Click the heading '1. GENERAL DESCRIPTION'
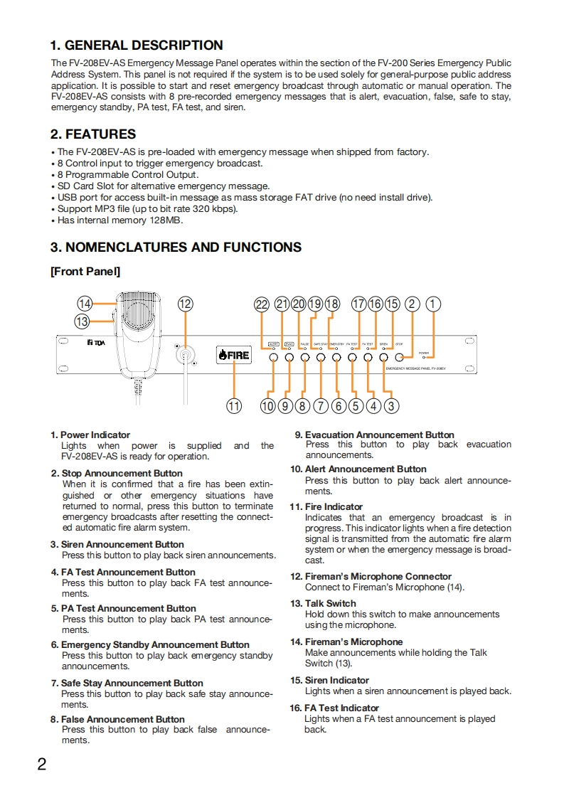[x=137, y=46]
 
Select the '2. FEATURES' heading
[x=93, y=134]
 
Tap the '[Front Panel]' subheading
[x=85, y=271]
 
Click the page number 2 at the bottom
[x=42, y=765]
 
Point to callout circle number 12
[x=186, y=304]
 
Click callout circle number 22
[x=262, y=304]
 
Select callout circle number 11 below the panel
[x=234, y=406]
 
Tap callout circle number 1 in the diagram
[x=433, y=304]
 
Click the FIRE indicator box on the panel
[x=234, y=354]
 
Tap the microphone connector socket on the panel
[x=186, y=354]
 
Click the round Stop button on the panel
[x=399, y=358]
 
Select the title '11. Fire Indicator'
[x=334, y=506]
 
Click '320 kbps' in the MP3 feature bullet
[x=214, y=208]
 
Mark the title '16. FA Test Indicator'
[x=341, y=708]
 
